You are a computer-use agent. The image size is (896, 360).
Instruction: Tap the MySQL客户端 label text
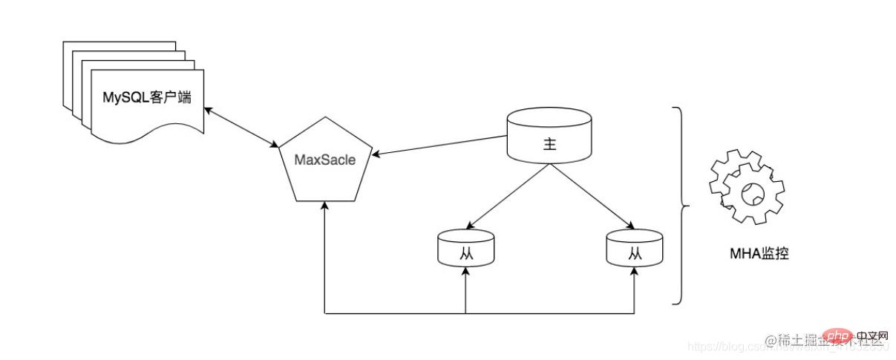146,97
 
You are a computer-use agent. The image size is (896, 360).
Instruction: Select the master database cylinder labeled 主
549,137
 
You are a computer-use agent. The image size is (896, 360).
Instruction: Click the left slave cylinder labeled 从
465,249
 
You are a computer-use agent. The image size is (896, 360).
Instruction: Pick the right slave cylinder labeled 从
634,249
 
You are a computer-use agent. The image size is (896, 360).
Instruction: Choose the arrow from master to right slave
591,195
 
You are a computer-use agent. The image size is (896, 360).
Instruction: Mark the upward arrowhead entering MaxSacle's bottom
325,207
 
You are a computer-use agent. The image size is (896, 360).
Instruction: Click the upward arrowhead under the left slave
465,273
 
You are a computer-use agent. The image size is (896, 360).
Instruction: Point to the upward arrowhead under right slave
634,273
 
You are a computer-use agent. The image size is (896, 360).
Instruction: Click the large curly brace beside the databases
679,206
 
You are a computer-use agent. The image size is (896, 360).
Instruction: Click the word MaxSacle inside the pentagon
324,160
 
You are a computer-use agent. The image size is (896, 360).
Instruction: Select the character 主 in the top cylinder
549,145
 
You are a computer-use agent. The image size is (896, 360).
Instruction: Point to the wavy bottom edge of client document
148,137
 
